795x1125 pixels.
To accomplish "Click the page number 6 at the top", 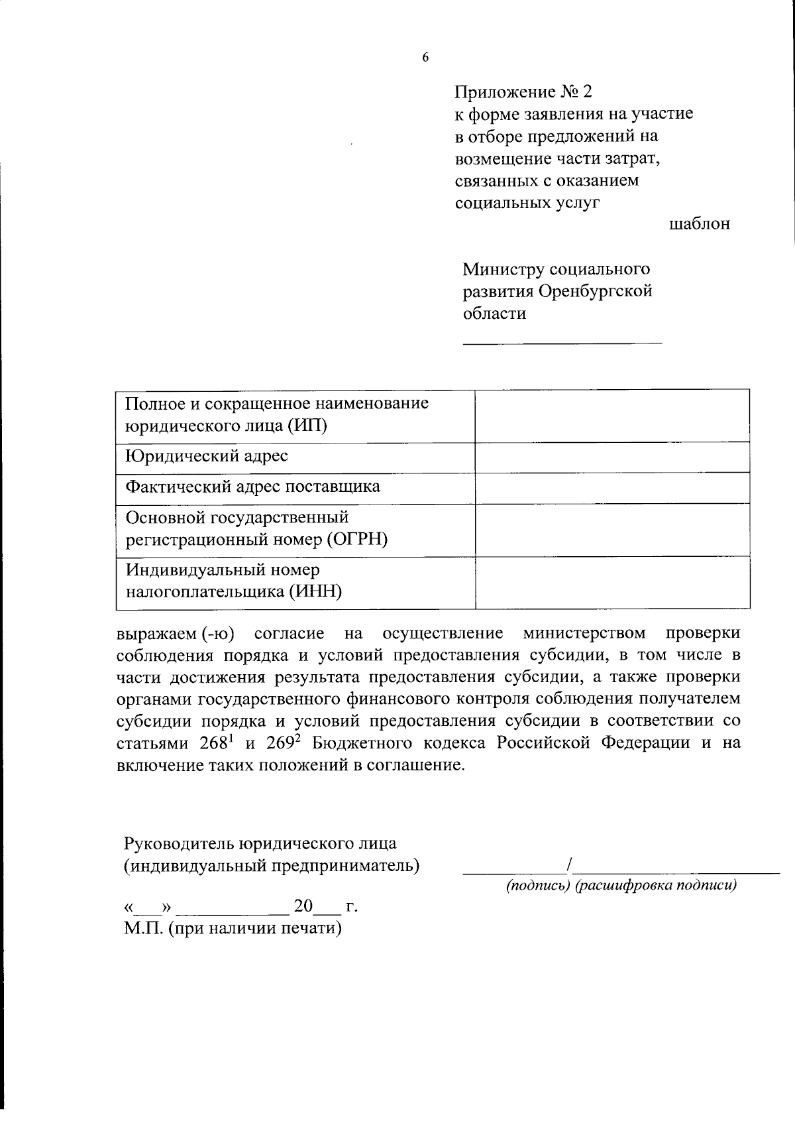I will click(425, 58).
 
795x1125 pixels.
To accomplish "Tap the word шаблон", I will click(699, 224).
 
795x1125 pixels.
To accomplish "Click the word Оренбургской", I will click(596, 291).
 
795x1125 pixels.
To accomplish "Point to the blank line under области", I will click(562, 342).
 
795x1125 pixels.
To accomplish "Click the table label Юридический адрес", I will click(207, 456).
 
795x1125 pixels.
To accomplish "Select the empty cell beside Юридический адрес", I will click(612, 457).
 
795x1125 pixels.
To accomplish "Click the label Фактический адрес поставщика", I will click(253, 487).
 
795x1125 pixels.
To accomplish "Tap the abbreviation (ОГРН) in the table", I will click(356, 540).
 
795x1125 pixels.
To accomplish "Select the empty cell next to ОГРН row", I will click(612, 529).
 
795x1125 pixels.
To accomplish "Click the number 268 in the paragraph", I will click(214, 743).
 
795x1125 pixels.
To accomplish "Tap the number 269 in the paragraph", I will click(280, 743).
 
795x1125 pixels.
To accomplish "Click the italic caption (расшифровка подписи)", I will click(656, 886).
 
